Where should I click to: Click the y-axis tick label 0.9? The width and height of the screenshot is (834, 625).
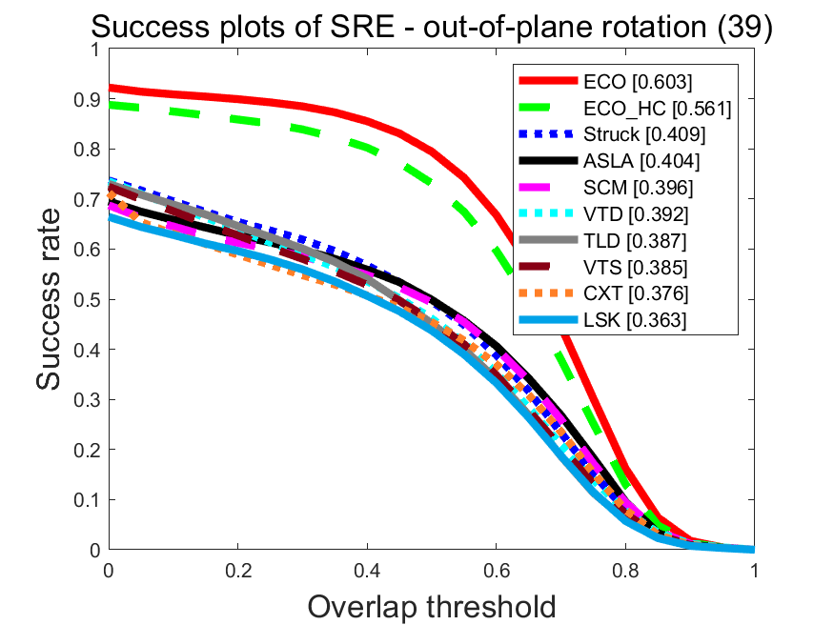pyautogui.click(x=87, y=99)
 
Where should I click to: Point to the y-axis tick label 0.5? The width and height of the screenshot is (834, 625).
pyautogui.click(x=87, y=299)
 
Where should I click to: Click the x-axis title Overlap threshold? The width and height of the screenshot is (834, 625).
pyautogui.click(x=432, y=606)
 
